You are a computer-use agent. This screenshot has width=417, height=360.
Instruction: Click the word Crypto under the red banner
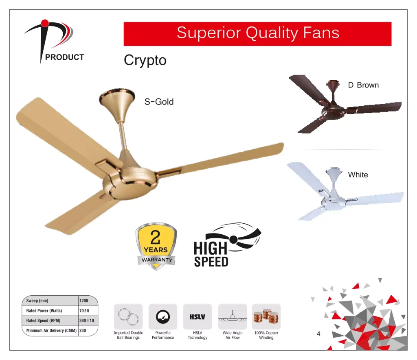[145, 61]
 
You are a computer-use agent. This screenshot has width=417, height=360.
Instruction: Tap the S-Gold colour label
[159, 102]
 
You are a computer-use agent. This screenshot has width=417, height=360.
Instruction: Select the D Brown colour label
[363, 85]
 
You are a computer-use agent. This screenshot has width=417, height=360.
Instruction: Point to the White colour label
[358, 175]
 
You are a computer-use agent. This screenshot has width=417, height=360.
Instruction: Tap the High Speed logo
[227, 244]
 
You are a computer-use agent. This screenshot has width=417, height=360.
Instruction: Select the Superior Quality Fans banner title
[258, 33]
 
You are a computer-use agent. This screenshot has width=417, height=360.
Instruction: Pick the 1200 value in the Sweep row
[83, 301]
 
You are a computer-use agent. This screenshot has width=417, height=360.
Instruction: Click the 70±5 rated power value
[84, 310]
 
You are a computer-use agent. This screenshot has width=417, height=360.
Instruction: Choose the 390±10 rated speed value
[87, 321]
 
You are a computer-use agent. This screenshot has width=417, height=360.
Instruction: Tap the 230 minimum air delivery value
[83, 331]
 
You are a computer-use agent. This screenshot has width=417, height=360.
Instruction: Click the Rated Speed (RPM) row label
[43, 321]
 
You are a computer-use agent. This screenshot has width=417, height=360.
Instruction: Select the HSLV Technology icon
[198, 317]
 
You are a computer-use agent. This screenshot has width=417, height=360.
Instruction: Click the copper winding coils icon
[266, 317]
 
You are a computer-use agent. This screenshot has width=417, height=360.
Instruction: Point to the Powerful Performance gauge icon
[163, 317]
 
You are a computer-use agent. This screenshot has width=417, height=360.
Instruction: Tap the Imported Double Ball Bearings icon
[128, 317]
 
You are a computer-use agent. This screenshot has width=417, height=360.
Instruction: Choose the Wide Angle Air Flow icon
[233, 317]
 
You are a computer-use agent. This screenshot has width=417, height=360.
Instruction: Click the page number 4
[318, 334]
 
